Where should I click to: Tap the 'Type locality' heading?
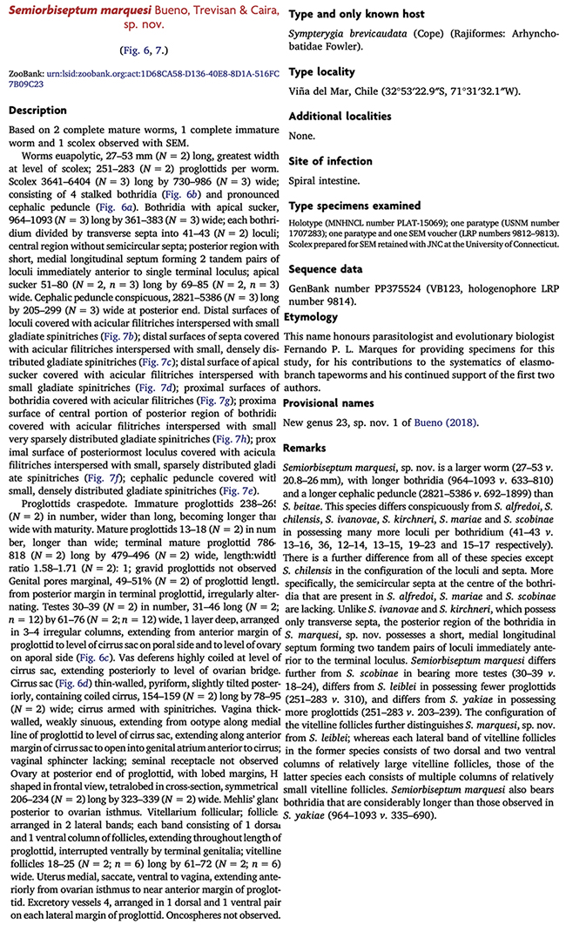coord(321,71)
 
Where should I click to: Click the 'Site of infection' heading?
coord(330,160)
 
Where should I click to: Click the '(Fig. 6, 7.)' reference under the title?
coord(145,51)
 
